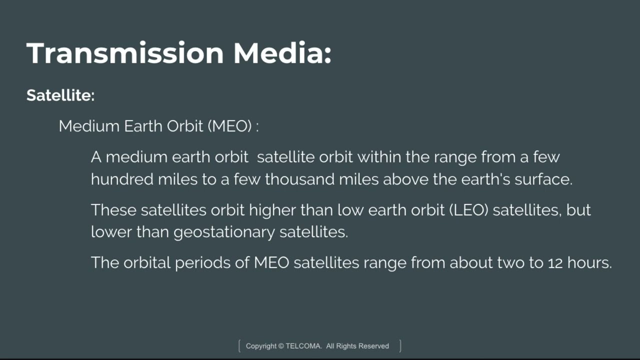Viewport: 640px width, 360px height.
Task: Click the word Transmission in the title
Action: pyautogui.click(x=125, y=53)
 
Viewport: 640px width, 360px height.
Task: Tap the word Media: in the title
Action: pyautogui.click(x=282, y=53)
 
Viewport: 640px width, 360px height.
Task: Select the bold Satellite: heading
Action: pyautogui.click(x=60, y=95)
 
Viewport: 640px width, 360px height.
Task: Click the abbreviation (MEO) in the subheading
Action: pyautogui.click(x=229, y=126)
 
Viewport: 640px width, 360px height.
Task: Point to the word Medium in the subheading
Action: pyautogui.click(x=89, y=126)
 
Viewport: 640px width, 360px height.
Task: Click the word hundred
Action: pyautogui.click(x=122, y=179)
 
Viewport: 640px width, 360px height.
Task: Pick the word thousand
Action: pyautogui.click(x=299, y=179)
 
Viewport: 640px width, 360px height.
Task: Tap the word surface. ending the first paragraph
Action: pyautogui.click(x=543, y=179)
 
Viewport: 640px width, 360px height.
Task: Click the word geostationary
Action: pyautogui.click(x=224, y=232)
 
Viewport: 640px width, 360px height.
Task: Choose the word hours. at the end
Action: pyautogui.click(x=589, y=262)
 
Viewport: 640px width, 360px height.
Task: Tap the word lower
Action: pyautogui.click(x=111, y=231)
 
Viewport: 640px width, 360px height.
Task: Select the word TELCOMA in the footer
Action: pyautogui.click(x=303, y=346)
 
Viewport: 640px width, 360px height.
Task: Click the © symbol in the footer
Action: pyautogui.click(x=281, y=346)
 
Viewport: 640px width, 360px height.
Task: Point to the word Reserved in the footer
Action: pyautogui.click(x=373, y=346)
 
